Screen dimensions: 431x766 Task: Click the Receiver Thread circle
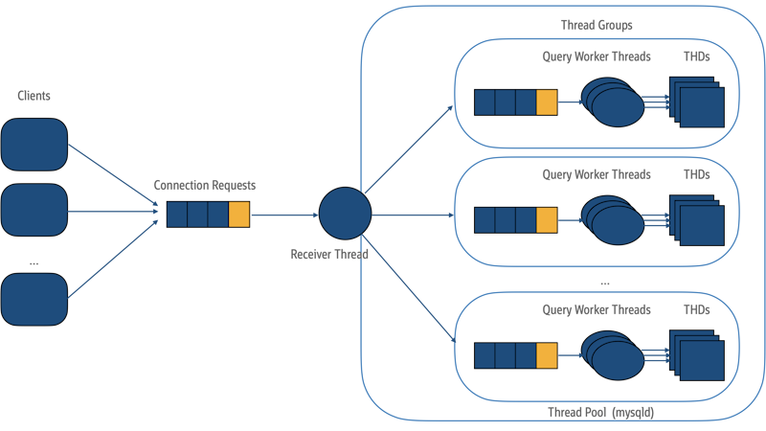[345, 214]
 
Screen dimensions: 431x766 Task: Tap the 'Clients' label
[34, 97]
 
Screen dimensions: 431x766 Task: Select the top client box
[34, 144]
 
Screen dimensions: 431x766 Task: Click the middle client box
[34, 210]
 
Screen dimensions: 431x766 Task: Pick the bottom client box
[34, 298]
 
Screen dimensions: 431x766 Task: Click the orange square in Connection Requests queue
[239, 215]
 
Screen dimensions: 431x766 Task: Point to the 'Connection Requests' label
[205, 185]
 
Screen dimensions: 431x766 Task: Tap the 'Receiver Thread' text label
[329, 255]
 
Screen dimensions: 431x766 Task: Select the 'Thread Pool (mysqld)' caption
[595, 412]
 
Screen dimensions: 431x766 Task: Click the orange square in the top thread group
[547, 102]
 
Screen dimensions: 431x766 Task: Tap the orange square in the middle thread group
[547, 220]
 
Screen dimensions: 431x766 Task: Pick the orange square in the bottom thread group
[547, 355]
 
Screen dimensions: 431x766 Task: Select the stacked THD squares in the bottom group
[698, 355]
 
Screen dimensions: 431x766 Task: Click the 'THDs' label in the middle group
[697, 175]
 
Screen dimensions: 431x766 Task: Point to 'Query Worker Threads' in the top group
[597, 57]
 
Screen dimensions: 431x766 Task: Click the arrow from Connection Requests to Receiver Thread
[283, 215]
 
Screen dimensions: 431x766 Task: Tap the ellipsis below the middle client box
[33, 262]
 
